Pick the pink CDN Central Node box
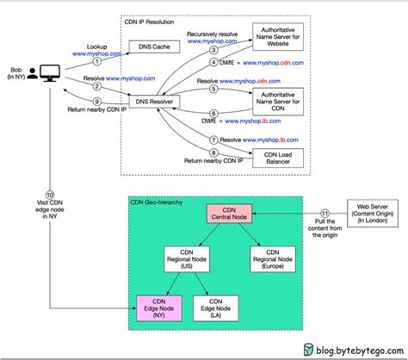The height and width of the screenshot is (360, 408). [227, 215]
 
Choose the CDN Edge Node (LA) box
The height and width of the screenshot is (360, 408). [211, 307]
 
